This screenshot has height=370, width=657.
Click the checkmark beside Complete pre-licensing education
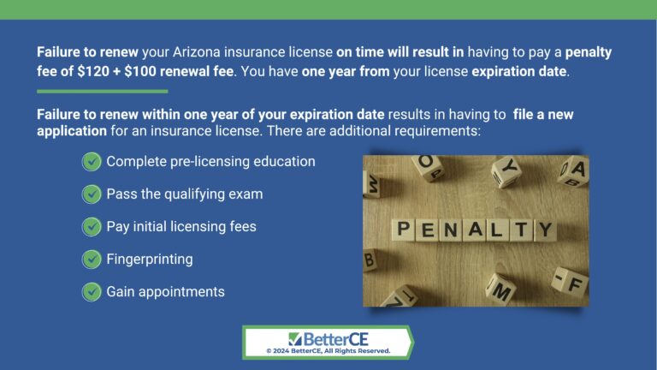(92, 162)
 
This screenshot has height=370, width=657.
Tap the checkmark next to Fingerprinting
(92, 260)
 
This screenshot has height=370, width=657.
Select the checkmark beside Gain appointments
(92, 292)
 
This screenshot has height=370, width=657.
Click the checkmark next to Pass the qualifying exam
(92, 194)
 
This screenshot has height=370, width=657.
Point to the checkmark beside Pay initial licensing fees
(92, 227)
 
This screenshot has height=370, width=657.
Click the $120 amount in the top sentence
(90, 71)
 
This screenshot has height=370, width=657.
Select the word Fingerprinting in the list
(150, 260)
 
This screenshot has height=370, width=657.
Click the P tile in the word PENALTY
(402, 230)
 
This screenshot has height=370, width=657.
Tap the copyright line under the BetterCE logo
(328, 350)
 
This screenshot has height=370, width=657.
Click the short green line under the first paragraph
(102, 91)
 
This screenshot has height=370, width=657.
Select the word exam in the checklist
(244, 194)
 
